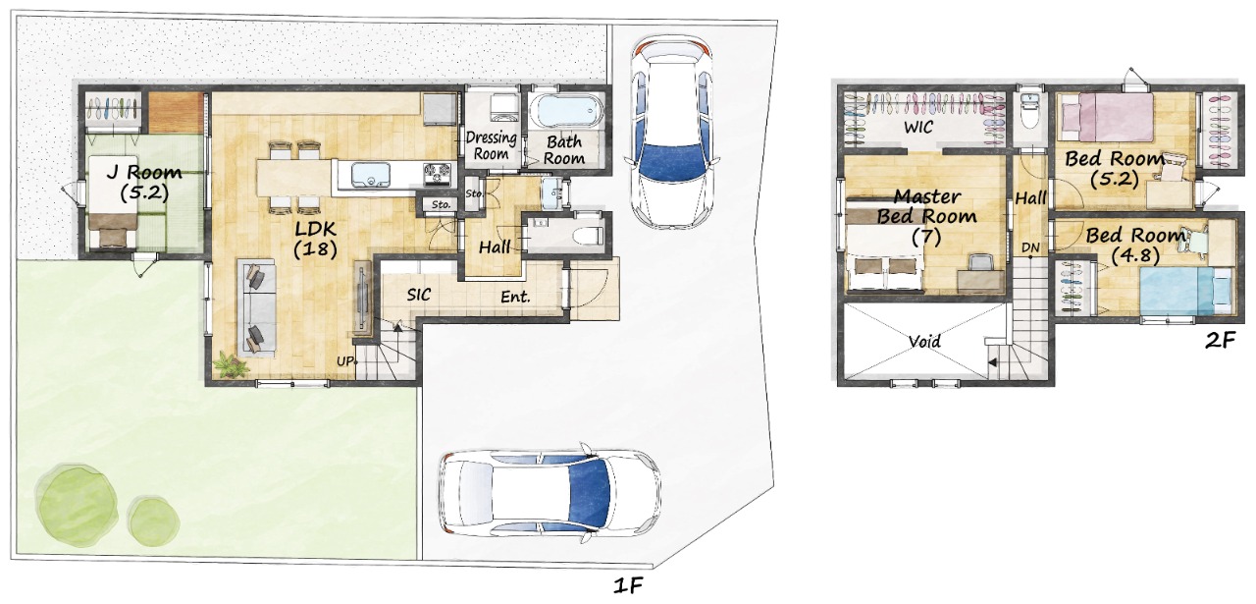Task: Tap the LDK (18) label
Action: click(315, 238)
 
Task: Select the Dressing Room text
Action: click(492, 145)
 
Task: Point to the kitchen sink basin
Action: click(371, 175)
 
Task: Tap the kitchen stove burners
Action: click(437, 174)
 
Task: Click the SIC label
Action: click(418, 295)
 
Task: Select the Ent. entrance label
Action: click(515, 297)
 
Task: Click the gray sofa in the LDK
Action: click(256, 306)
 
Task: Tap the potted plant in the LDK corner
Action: click(230, 366)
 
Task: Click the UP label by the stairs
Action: click(345, 361)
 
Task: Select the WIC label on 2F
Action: click(918, 127)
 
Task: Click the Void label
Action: click(924, 341)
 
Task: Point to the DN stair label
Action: click(1030, 247)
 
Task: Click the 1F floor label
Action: click(627, 586)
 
